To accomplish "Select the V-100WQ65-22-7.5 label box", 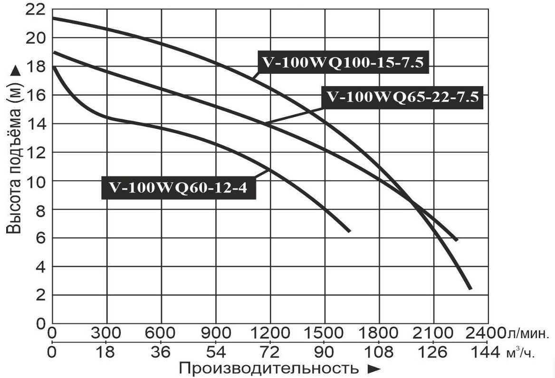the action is click(x=402, y=97).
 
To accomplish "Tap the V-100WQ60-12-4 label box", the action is click(x=178, y=187).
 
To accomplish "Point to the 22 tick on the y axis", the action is click(x=36, y=9).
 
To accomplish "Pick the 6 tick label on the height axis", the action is click(x=41, y=238).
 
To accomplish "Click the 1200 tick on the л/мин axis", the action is click(x=270, y=333).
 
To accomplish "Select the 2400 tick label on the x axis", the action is click(x=488, y=333).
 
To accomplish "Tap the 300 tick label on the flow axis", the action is click(x=106, y=333).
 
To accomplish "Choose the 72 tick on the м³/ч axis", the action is click(x=270, y=352).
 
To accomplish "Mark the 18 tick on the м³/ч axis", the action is click(x=106, y=352).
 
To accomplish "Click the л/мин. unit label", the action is click(x=528, y=334).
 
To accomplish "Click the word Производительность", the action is click(x=268, y=368).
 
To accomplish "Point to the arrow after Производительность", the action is click(x=373, y=369).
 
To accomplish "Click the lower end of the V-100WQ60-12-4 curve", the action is click(x=349, y=231).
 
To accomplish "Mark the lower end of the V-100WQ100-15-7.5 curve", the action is click(x=470, y=288).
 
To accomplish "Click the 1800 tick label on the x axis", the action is click(x=379, y=333).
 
